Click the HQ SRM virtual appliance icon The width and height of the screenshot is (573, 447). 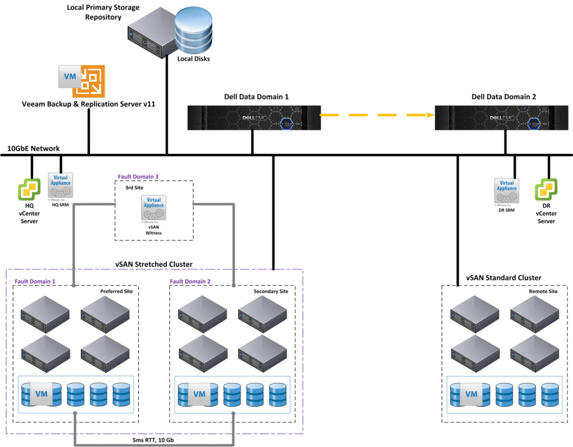click(x=60, y=184)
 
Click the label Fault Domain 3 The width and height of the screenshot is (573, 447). click(x=138, y=176)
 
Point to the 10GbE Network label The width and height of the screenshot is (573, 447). click(x=32, y=148)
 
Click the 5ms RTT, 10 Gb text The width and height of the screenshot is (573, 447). click(x=154, y=440)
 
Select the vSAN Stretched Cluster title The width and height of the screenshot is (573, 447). click(x=154, y=264)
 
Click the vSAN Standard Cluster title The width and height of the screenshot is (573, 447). click(x=503, y=278)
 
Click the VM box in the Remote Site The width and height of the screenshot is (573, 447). click(x=471, y=394)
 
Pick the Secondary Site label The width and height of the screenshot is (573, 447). click(x=271, y=292)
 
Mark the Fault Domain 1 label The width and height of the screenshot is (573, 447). click(x=31, y=281)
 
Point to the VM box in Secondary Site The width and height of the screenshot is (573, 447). click(x=199, y=394)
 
